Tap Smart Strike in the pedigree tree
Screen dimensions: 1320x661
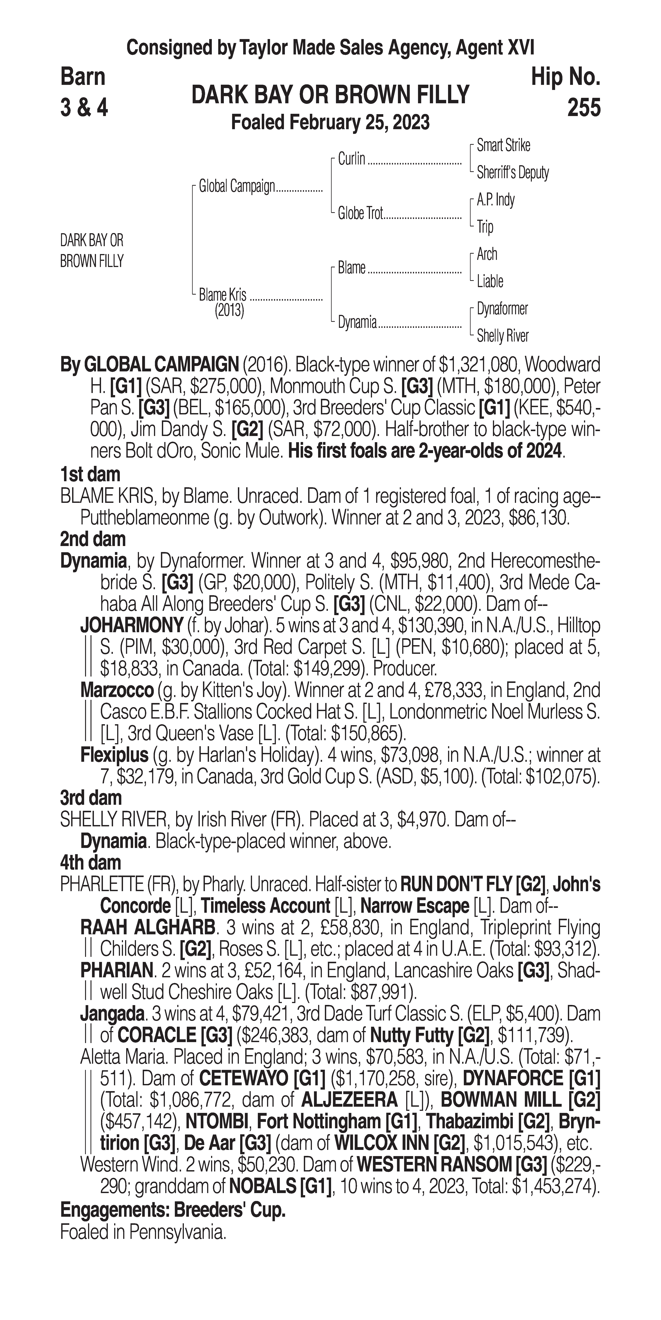503,146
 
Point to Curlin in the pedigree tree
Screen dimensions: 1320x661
352,159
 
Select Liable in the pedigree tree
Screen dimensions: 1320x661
490,281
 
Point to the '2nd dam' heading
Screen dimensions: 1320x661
92,539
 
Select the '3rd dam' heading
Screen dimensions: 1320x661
91,798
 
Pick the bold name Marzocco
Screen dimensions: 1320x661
117,690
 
